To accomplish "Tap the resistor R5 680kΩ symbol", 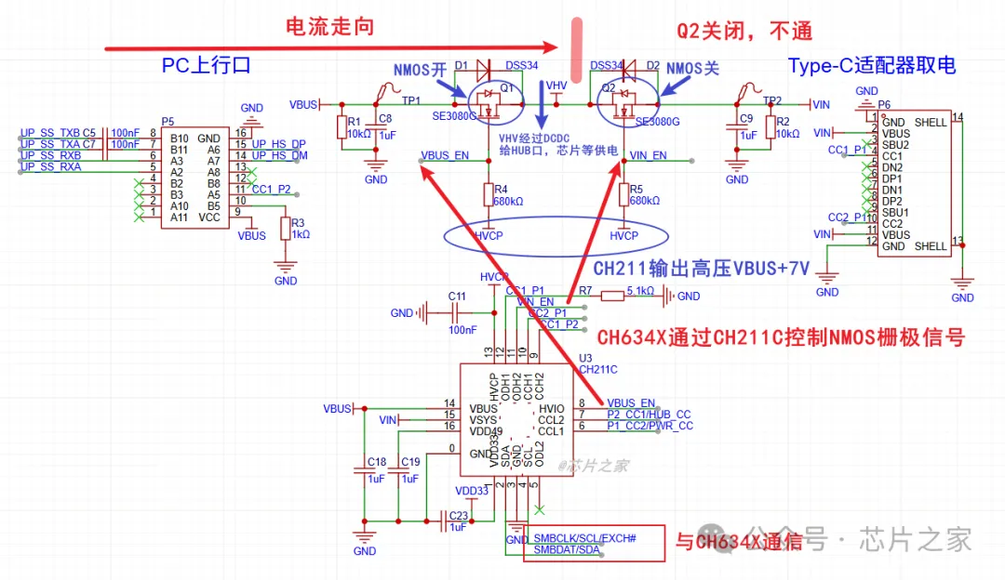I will pos(624,193).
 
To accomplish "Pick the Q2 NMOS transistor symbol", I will pos(617,101).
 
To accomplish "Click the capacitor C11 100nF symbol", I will pos(427,313).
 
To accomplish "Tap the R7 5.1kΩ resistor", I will pos(613,296).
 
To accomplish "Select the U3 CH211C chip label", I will pos(597,363).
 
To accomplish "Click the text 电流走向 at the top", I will pos(329,26).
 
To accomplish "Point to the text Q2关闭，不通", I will pos(744,31).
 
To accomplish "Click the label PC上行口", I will pos(207,65).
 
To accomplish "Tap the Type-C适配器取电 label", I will pos(872,65).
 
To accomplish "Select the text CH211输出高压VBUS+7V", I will pos(702,269).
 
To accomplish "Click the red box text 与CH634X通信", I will pos(738,542).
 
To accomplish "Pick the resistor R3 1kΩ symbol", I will pos(286,229).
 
